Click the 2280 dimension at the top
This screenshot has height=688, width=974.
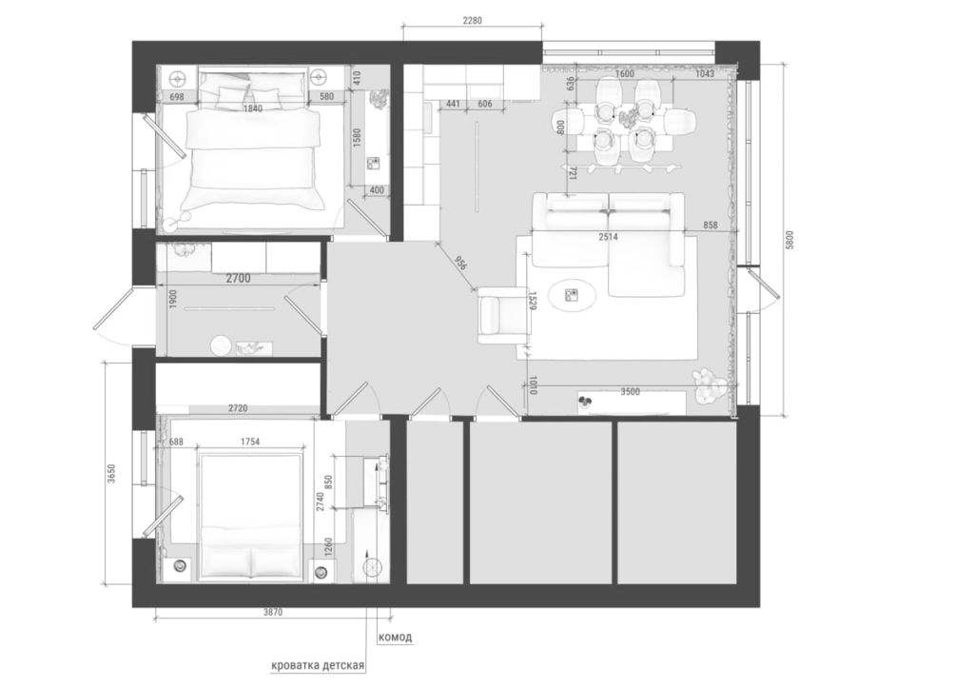point(472,20)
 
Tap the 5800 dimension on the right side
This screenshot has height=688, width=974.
point(789,240)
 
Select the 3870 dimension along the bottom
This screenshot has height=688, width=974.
point(273,612)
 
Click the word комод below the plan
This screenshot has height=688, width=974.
point(395,637)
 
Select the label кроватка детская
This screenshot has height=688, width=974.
point(318,665)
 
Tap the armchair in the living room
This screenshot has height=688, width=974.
point(503,315)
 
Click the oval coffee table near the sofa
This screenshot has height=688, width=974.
point(573,295)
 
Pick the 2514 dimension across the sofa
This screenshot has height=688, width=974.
point(608,237)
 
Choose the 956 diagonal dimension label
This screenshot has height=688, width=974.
point(460,264)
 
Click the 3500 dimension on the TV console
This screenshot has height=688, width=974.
point(631,392)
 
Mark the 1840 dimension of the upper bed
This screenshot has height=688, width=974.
point(253,108)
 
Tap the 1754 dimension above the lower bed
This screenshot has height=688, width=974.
point(249,442)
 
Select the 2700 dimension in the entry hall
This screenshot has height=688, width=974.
point(239,279)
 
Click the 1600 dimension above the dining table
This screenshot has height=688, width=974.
point(624,74)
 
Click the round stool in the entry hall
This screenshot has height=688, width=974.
point(221,346)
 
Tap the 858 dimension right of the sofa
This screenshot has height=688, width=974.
point(710,225)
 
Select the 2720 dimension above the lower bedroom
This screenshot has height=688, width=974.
point(238,408)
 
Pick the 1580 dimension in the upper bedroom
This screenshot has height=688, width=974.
point(357,138)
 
